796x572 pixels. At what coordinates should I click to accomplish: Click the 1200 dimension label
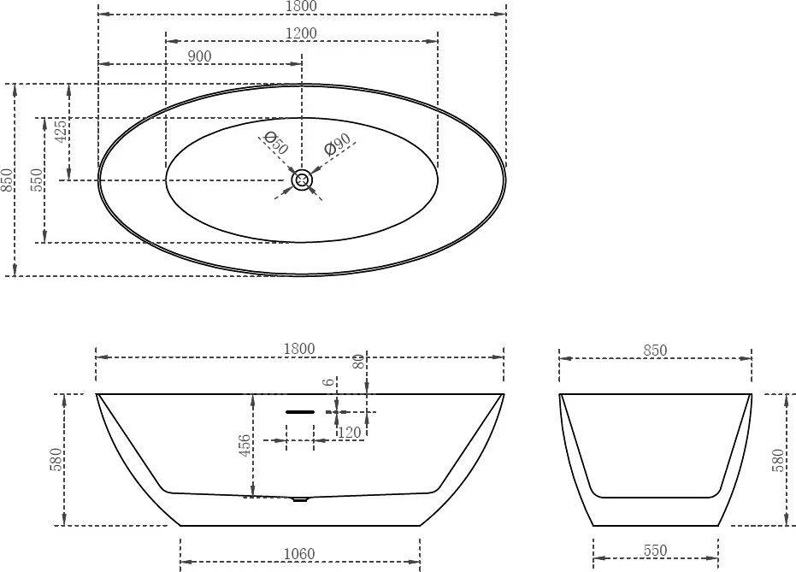point(302,33)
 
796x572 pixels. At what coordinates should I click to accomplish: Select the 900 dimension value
point(199,56)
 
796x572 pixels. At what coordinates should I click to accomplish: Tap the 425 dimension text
point(61,131)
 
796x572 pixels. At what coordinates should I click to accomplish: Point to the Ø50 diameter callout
point(276,143)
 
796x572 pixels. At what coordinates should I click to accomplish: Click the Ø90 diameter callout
point(338,144)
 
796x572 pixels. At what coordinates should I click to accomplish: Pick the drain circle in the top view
point(302,180)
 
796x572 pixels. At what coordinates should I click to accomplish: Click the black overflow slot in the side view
point(300,412)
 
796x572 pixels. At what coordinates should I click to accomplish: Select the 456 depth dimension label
point(245,445)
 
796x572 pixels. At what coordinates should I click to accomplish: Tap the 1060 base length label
point(299,554)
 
